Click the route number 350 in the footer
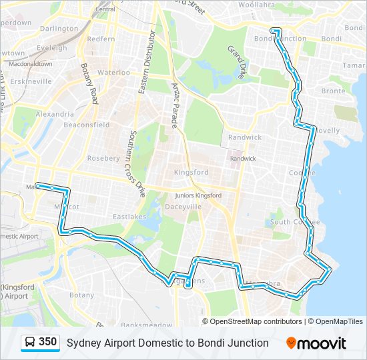pyautogui.click(x=47, y=343)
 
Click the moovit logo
pyautogui.click(x=316, y=343)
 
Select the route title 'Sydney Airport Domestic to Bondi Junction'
pyautogui.click(x=167, y=343)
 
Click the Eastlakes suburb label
pyautogui.click(x=129, y=217)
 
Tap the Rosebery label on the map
pyautogui.click(x=103, y=158)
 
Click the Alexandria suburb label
pyautogui.click(x=55, y=114)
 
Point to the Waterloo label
pyautogui.click(x=113, y=72)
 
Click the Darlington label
pyautogui.click(x=59, y=29)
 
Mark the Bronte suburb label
pyautogui.click(x=334, y=91)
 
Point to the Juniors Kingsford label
pyautogui.click(x=198, y=196)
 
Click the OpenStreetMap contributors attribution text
pyautogui.click(x=256, y=321)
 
